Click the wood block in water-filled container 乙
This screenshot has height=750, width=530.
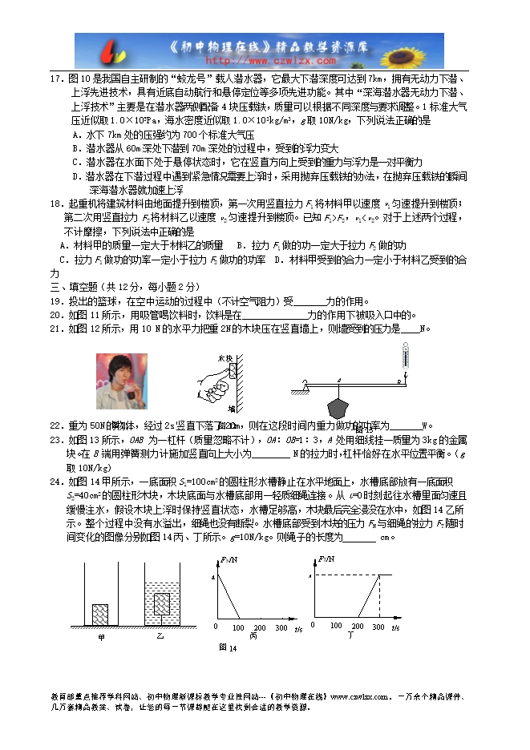click(x=162, y=602)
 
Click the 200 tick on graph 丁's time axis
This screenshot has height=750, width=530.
click(x=358, y=627)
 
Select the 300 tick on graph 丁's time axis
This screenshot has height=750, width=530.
click(x=379, y=627)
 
